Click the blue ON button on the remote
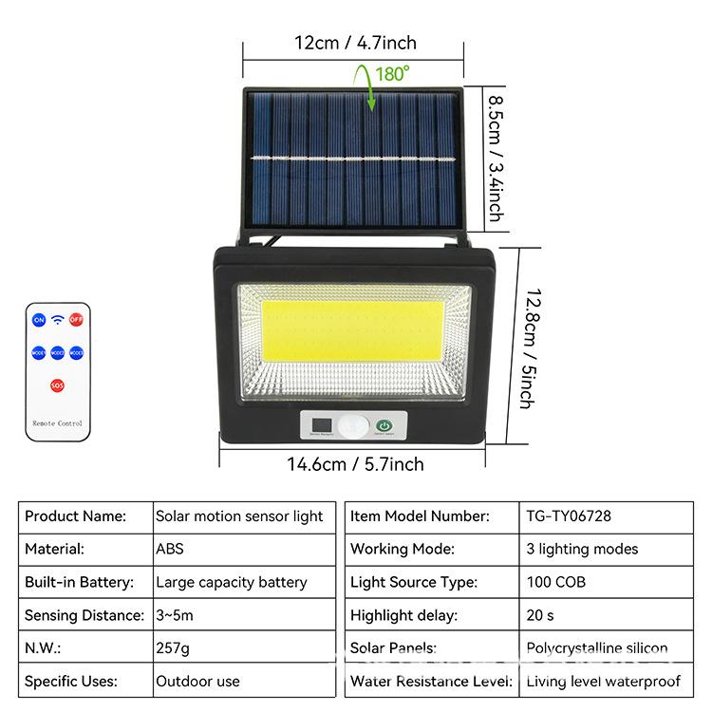(39, 320)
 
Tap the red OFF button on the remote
(76, 320)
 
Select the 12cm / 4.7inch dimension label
(356, 43)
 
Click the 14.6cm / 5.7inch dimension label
(356, 464)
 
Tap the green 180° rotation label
(392, 73)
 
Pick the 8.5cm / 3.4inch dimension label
(496, 157)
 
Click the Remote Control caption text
(58, 422)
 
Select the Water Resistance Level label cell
(431, 681)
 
